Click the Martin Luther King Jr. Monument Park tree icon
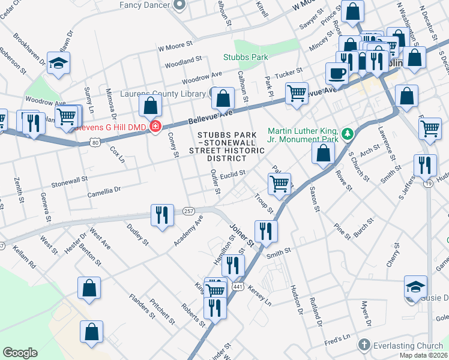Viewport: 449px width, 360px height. [346, 133]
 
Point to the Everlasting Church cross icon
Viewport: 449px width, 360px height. [364, 345]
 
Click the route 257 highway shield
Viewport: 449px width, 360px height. [189, 212]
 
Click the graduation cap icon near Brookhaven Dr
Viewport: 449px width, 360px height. [59, 62]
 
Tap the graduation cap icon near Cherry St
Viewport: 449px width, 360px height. [415, 286]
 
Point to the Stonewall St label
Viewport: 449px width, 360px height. [69, 178]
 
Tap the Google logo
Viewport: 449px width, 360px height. [20, 353]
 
